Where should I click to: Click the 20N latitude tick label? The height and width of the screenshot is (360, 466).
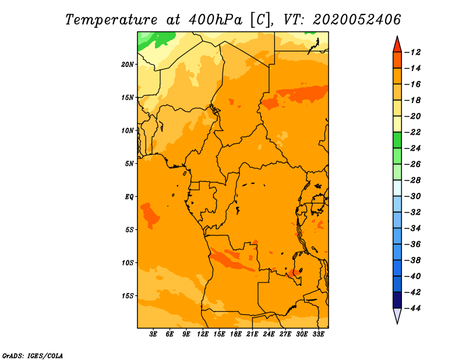tap(128, 64)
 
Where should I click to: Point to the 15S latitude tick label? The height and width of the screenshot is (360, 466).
tap(128, 296)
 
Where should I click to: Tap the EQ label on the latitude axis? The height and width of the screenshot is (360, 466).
tap(129, 197)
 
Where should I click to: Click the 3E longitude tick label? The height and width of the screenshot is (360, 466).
tap(154, 335)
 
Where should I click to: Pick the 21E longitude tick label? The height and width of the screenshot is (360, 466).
tap(252, 335)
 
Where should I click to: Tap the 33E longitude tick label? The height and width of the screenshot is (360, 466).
tap(318, 335)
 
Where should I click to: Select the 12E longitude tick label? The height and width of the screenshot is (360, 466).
tap(203, 335)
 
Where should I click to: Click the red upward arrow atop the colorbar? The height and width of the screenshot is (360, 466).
tap(398, 44)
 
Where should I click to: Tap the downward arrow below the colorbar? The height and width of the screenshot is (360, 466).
tap(398, 316)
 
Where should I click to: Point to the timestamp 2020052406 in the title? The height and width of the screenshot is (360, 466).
tap(356, 19)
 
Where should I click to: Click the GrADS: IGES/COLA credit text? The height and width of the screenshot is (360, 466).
tap(33, 355)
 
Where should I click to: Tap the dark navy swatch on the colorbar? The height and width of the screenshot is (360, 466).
tap(398, 299)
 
